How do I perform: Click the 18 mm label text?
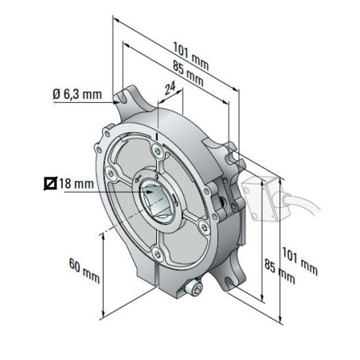(x=76, y=185)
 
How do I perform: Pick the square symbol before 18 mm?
(x=51, y=185)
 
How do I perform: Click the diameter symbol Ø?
(x=57, y=95)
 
